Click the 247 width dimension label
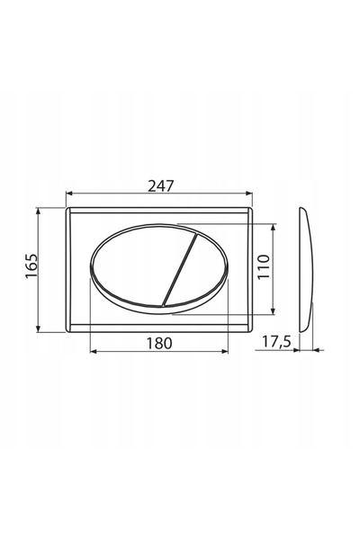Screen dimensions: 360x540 tap(161, 186)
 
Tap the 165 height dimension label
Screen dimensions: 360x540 tap(32, 265)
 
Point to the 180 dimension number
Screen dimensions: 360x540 tap(159, 343)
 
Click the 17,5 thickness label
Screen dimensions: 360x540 tap(276, 342)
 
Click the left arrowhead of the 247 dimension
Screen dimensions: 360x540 tap(69, 193)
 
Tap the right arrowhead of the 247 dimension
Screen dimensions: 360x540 tap(249, 193)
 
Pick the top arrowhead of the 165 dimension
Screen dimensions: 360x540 tap(38, 211)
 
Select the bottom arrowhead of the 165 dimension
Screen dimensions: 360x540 tap(38, 328)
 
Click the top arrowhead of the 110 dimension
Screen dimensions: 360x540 tap(274, 228)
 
